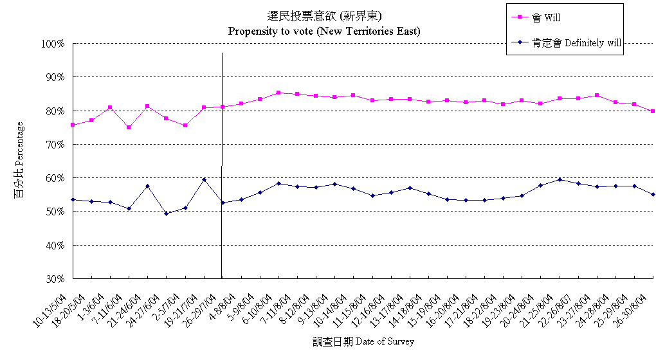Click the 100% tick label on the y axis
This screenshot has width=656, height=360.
[53, 44]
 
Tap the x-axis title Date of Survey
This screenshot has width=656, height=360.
[364, 341]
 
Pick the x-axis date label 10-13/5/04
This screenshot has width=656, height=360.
[52, 307]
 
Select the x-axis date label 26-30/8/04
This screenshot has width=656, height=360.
[633, 307]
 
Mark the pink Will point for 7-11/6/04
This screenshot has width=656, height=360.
[129, 127]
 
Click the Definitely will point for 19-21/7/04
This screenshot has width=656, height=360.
[204, 179]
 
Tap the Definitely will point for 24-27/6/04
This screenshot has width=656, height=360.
[167, 213]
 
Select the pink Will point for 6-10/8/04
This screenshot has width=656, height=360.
[278, 93]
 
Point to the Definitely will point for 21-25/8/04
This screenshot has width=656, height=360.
[560, 179]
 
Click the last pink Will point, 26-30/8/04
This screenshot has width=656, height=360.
[653, 111]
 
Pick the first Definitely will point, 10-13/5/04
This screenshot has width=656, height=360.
[73, 199]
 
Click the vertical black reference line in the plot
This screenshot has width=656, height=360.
[222, 161]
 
